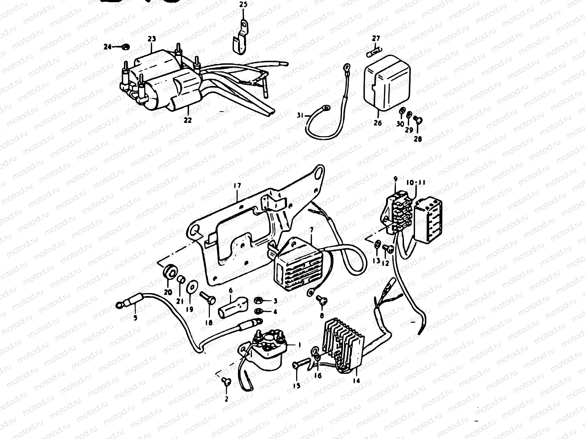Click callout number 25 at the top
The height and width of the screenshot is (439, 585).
[243, 4]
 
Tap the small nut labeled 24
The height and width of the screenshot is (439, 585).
[125, 46]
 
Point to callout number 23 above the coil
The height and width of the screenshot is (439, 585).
[151, 39]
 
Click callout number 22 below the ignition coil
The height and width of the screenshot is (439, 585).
[188, 120]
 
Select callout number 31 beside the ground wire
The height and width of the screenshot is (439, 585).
[300, 116]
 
